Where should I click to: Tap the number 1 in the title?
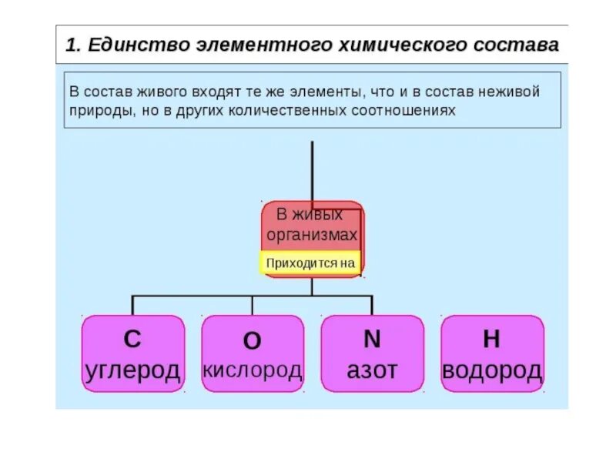pos(70,45)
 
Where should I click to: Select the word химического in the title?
pos(393,45)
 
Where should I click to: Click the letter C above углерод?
pos(132,339)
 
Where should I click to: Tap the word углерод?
pos(133,370)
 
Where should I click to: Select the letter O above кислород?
pos(252,340)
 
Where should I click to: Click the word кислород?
pos(253,370)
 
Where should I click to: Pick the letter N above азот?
pos(372,339)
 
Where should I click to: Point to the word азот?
pos(372,370)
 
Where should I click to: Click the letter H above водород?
pos(491,339)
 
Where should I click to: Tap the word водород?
pos(492,370)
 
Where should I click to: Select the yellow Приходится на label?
pos(310,263)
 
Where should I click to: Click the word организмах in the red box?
pos(312,234)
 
